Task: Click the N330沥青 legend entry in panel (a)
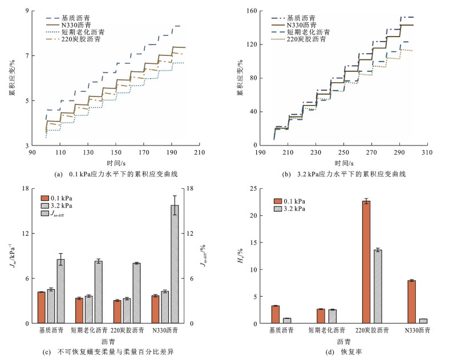point(68,25)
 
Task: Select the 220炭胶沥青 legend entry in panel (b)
point(298,39)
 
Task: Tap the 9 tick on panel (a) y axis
point(27,11)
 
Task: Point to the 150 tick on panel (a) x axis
point(116,152)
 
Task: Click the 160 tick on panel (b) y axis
point(252,11)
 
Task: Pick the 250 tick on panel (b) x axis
point(343,152)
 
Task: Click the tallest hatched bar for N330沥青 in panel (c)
point(175,264)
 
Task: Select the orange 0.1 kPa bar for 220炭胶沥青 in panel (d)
point(366,262)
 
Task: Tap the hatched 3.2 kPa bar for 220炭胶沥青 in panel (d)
point(378,286)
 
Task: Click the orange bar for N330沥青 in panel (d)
point(411,302)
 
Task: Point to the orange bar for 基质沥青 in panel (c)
point(42,308)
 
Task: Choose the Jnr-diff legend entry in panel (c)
point(53,213)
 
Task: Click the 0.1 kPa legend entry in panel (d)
point(289,201)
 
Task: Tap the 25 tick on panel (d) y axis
point(253,188)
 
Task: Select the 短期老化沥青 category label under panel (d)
point(327,330)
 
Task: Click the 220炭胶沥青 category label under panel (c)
point(127,330)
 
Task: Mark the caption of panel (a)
point(116,174)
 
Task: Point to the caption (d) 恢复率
point(343,351)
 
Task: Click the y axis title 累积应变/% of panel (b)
point(240,78)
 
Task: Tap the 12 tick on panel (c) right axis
point(190,233)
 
